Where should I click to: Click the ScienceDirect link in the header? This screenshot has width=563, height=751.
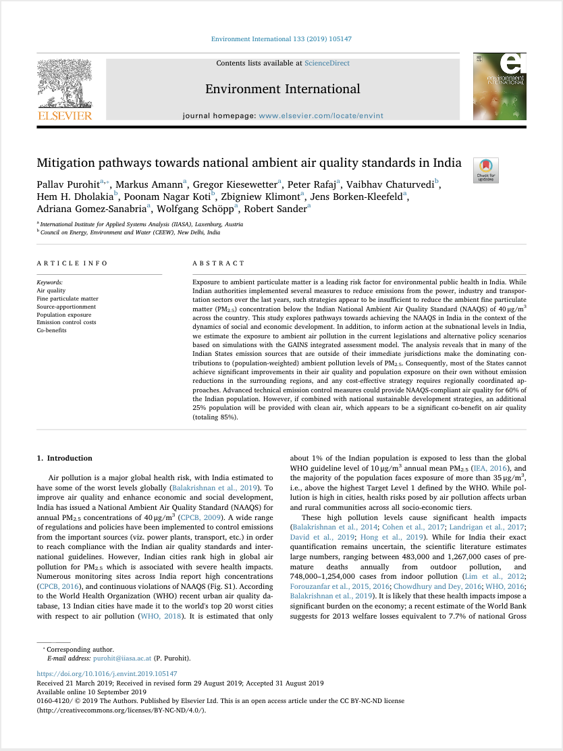(327, 63)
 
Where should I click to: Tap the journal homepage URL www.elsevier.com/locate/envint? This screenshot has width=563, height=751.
(321, 115)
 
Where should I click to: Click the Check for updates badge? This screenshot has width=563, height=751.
(486, 170)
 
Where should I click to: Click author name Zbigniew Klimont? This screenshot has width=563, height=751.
(265, 197)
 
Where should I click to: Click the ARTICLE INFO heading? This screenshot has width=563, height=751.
(65, 263)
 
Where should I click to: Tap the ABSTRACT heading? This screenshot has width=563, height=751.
(219, 263)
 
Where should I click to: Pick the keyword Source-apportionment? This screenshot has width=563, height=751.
(66, 306)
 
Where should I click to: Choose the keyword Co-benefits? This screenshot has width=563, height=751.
(51, 330)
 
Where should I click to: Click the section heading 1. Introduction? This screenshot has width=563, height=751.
(65, 459)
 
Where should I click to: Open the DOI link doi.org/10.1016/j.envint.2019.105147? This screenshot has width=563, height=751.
(107, 674)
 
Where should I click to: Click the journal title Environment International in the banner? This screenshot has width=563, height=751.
(282, 89)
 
